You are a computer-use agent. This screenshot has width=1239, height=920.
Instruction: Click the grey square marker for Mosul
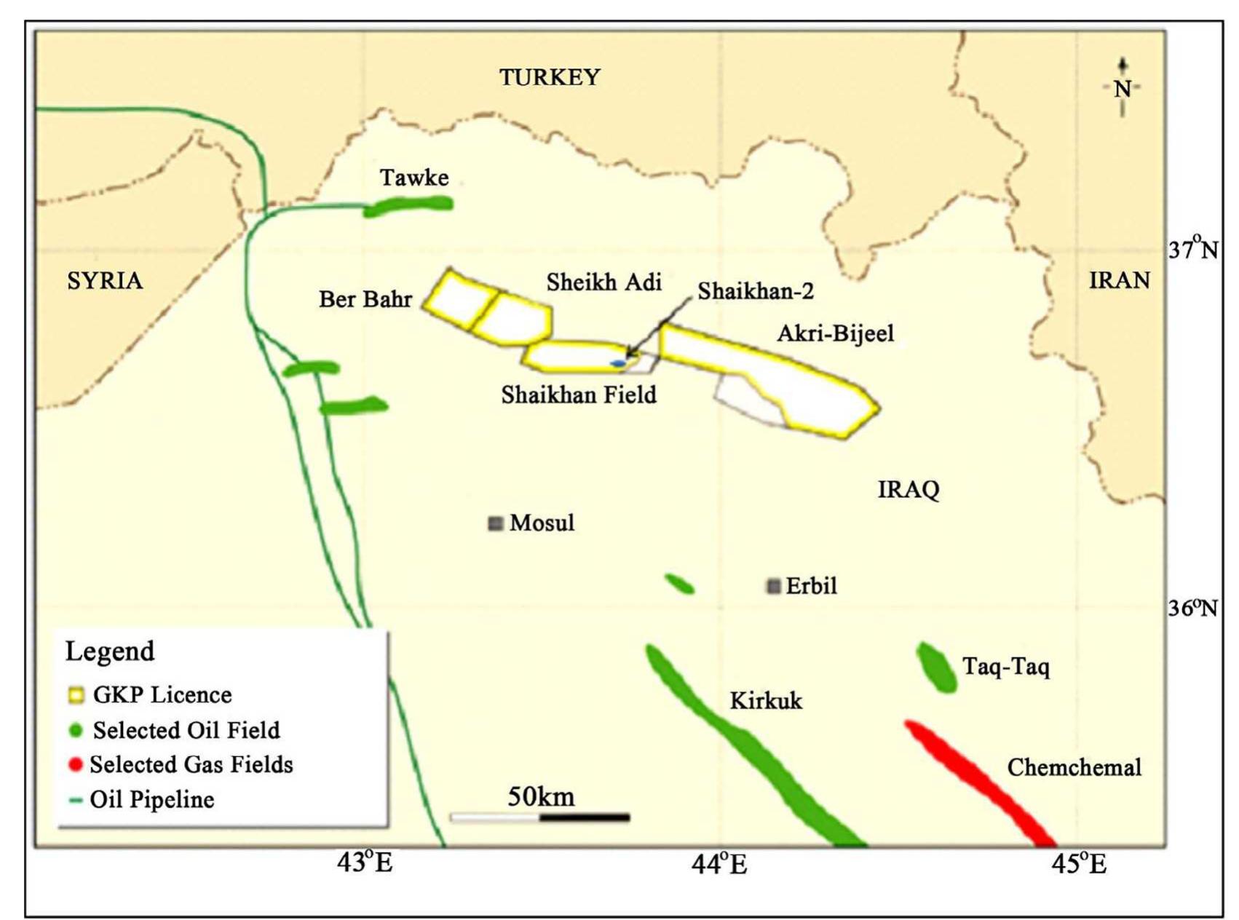[496, 523]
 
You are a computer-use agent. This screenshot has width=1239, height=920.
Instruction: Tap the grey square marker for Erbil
[774, 586]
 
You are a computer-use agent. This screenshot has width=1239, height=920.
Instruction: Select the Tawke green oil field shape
[409, 207]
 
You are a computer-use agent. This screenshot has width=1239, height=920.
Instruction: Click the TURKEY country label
[550, 77]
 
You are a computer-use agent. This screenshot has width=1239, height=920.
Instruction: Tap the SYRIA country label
[105, 280]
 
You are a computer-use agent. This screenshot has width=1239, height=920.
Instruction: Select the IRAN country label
[1119, 280]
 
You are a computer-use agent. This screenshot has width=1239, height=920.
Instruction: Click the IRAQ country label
[909, 489]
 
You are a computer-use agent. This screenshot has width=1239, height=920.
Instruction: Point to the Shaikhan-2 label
[756, 292]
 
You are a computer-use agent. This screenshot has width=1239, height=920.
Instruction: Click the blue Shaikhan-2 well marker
[618, 362]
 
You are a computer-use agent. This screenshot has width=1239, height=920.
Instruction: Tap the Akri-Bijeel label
[836, 333]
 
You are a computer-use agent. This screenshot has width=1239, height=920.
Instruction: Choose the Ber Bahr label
[365, 299]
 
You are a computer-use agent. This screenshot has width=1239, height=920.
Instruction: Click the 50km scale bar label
[541, 797]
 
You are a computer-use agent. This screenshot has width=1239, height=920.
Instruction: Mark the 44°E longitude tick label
[719, 865]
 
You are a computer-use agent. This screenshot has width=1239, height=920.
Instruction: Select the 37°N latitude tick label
[1192, 250]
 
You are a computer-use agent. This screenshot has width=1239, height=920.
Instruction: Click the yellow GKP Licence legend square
[76, 695]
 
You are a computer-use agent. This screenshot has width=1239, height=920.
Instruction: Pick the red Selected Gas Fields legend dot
[75, 765]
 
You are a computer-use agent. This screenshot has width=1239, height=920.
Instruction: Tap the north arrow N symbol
[1122, 88]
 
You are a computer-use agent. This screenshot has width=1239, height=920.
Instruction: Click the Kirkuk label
[766, 701]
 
